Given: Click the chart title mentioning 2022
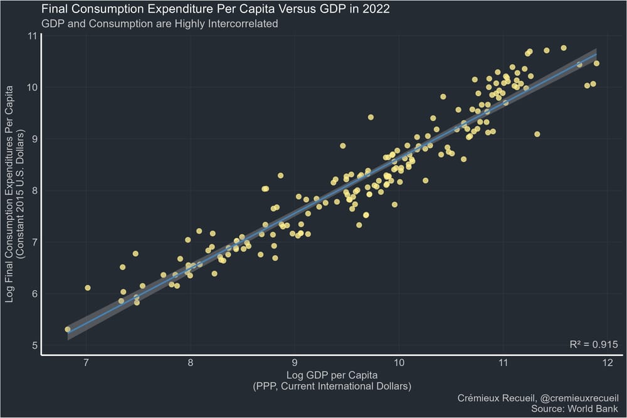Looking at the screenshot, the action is pyautogui.click(x=216, y=9).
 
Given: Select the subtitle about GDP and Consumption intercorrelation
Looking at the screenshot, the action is pyautogui.click(x=159, y=24).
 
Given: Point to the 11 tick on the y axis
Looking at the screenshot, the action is pyautogui.click(x=32, y=36).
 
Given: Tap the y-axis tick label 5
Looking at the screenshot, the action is pyautogui.click(x=34, y=345).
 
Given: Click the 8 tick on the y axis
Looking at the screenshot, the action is pyautogui.click(x=34, y=191).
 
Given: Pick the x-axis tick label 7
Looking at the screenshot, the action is pyautogui.click(x=86, y=362).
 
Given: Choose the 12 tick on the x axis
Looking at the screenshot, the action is pyautogui.click(x=608, y=362).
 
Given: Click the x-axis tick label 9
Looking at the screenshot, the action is pyautogui.click(x=295, y=362).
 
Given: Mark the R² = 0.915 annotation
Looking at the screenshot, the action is pyautogui.click(x=594, y=344).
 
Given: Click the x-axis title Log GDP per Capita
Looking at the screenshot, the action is pyautogui.click(x=332, y=375).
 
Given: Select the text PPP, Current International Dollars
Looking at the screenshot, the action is pyautogui.click(x=332, y=387).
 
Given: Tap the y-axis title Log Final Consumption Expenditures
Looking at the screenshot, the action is pyautogui.click(x=9, y=194).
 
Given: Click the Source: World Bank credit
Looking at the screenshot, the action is pyautogui.click(x=574, y=409).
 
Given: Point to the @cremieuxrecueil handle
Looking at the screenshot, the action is pyautogui.click(x=579, y=398).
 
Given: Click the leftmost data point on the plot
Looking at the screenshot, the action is pyautogui.click(x=68, y=329).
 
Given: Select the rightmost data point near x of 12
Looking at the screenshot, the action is pyautogui.click(x=597, y=63).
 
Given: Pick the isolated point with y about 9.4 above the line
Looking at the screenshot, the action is pyautogui.click(x=371, y=117).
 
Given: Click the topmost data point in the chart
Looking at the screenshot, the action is pyautogui.click(x=564, y=48).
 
